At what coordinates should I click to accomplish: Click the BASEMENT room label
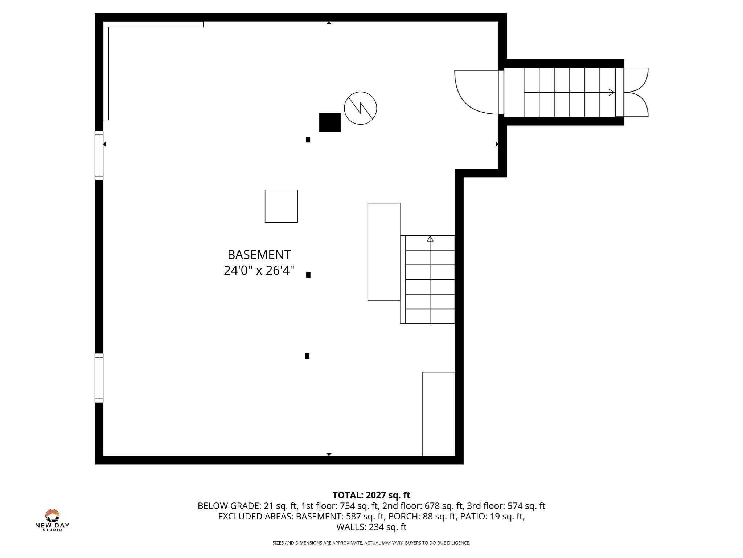tap(259, 255)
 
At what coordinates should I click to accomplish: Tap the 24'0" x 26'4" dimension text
tap(259, 271)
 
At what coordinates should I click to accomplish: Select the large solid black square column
tap(330, 122)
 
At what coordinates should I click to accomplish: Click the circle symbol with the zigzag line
tap(360, 108)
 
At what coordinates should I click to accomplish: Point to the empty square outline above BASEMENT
tap(281, 206)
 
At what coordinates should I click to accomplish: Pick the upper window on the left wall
tap(99, 155)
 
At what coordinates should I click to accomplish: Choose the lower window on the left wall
tap(99, 378)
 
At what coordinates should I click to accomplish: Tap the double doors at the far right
tap(636, 92)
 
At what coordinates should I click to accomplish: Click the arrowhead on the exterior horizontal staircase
tap(612, 92)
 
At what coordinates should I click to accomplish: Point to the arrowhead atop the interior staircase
tap(430, 239)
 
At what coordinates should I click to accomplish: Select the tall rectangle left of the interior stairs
tap(384, 252)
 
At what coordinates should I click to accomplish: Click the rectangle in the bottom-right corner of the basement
tap(439, 413)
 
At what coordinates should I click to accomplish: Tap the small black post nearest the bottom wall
tap(307, 356)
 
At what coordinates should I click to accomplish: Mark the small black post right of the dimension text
tap(308, 275)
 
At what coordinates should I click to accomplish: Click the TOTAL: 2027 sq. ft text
tap(371, 495)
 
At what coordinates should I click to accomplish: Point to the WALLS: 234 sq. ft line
tap(371, 527)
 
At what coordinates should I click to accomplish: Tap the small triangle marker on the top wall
tap(329, 23)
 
